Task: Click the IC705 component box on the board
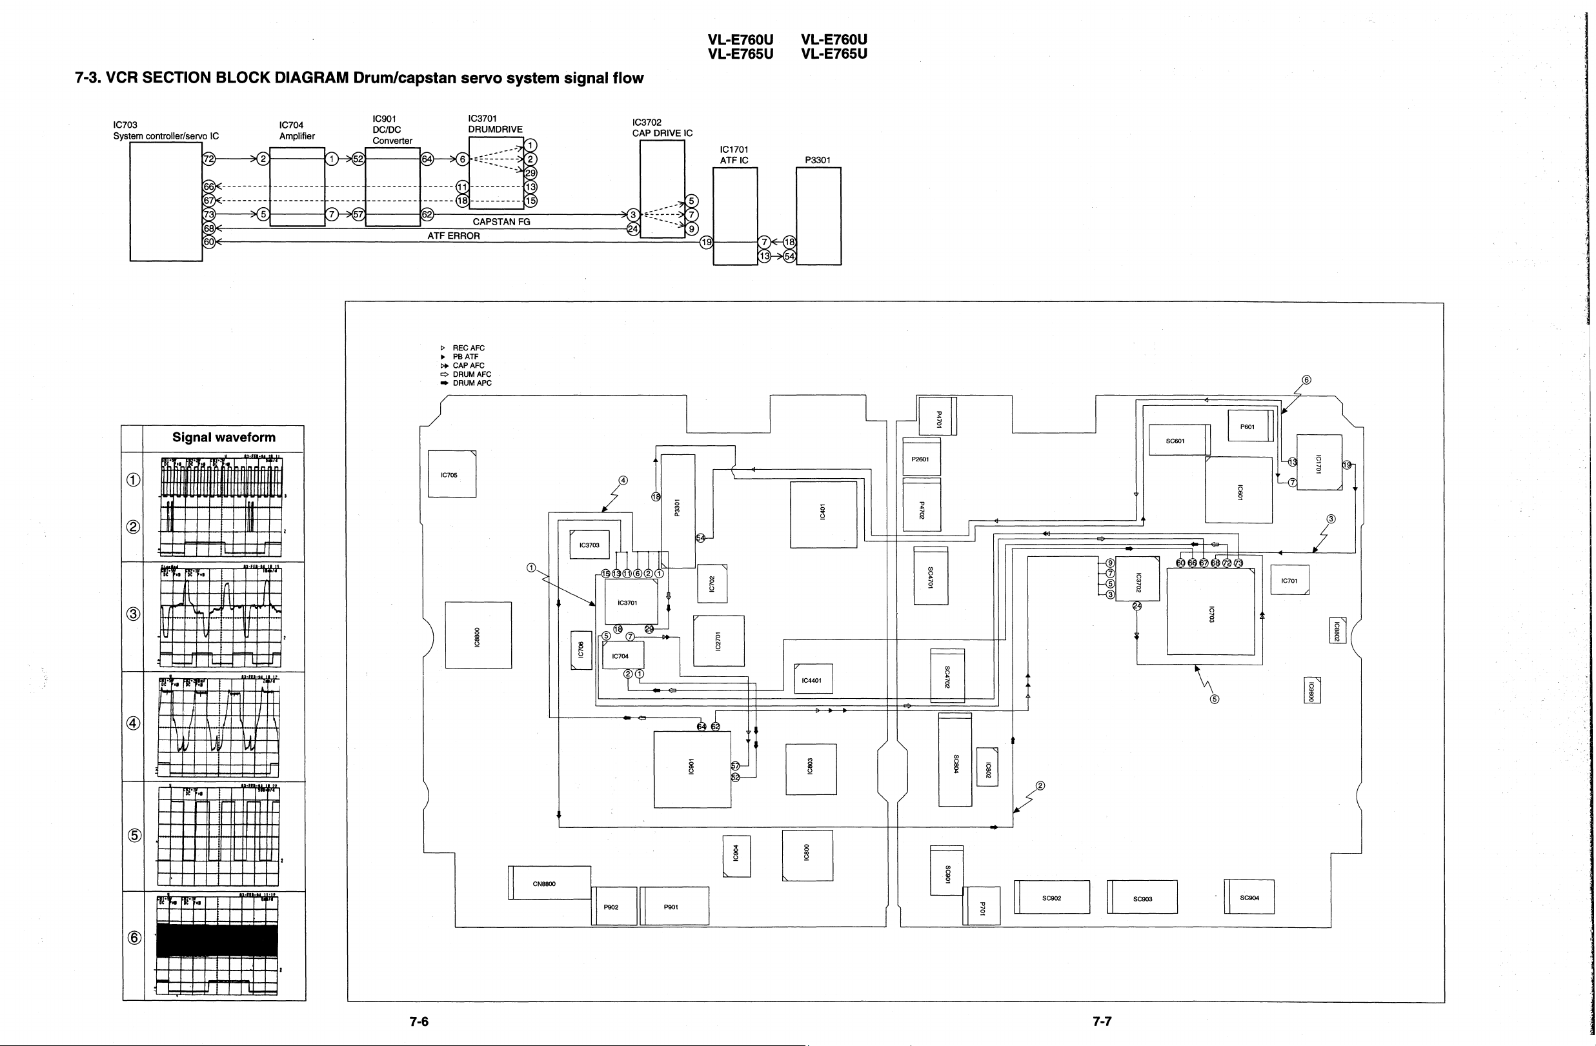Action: point(452,474)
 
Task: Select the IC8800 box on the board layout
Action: point(478,635)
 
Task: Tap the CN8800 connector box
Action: point(549,883)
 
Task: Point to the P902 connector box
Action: point(614,907)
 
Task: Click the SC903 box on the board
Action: point(1143,897)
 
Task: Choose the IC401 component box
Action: point(823,514)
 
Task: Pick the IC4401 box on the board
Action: point(813,680)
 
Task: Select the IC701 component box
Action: point(1289,580)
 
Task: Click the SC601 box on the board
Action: point(1179,441)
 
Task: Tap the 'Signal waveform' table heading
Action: point(224,437)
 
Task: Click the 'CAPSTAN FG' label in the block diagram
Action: point(501,222)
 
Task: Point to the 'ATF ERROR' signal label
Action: point(453,236)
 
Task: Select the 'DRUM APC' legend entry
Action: point(471,383)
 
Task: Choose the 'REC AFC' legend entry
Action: point(468,348)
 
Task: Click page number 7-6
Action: point(418,1021)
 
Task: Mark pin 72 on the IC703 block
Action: point(209,159)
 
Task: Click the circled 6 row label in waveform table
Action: point(134,938)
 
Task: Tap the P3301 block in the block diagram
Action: point(818,216)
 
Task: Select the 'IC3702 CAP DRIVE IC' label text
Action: point(662,127)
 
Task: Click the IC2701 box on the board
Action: point(718,640)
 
